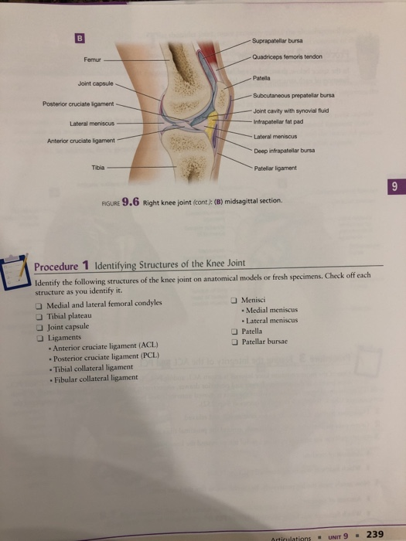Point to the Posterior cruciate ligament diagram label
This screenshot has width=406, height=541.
[74, 104]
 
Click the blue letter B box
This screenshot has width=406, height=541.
[80, 35]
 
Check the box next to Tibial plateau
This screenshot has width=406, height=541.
[39, 316]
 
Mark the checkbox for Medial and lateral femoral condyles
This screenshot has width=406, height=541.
[39, 305]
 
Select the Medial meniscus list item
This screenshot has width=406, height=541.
[271, 311]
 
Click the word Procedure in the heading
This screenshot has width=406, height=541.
[57, 267]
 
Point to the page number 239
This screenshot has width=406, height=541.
[374, 533]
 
